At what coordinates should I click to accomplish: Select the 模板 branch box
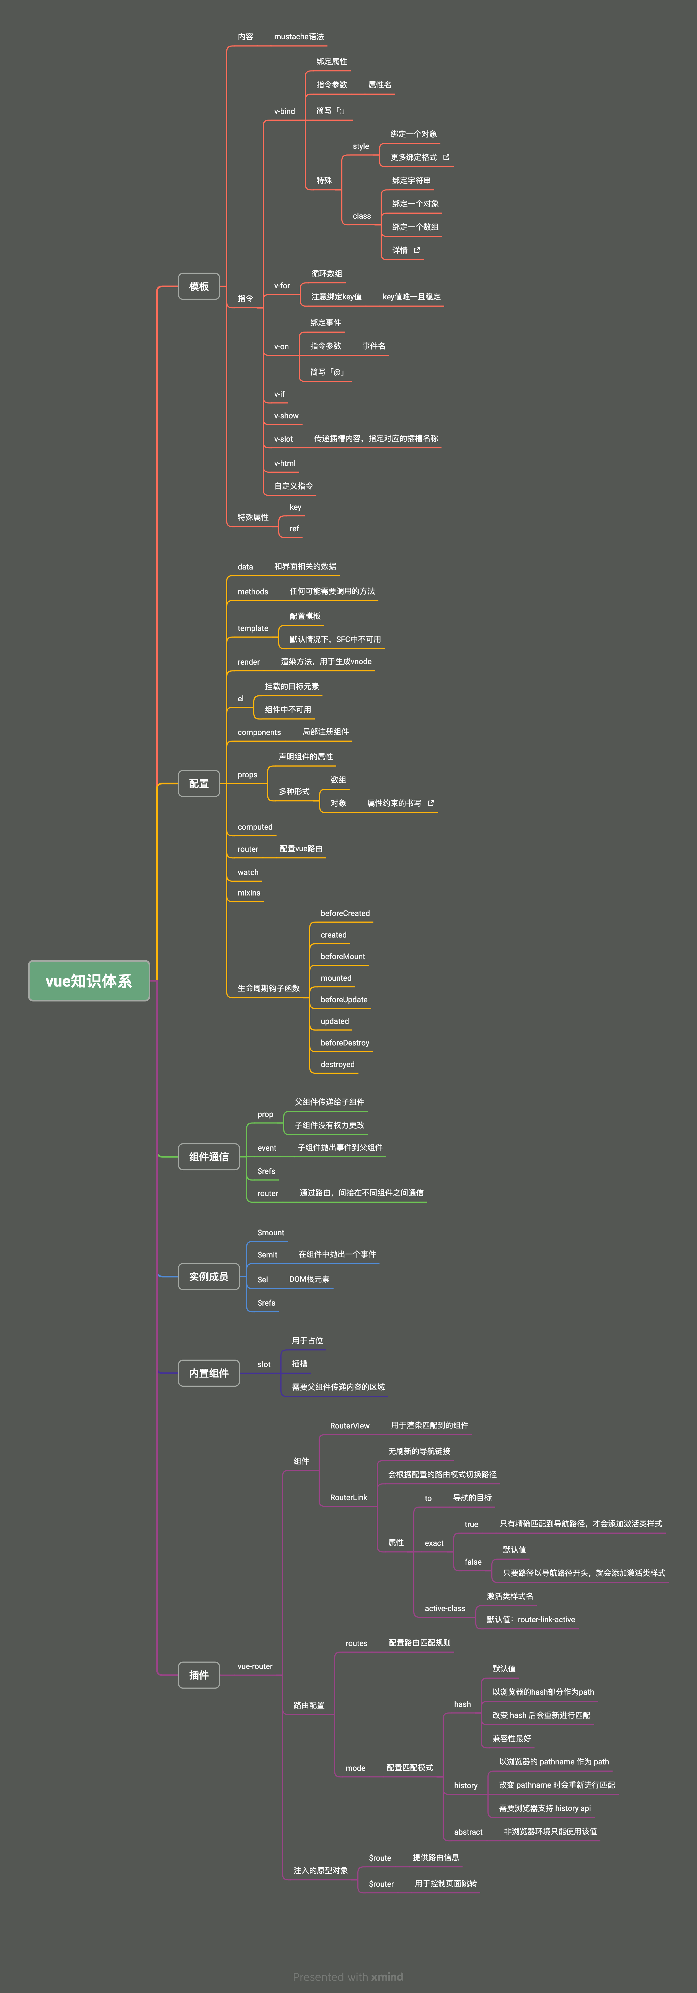click(199, 286)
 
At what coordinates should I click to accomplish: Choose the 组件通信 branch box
click(209, 1157)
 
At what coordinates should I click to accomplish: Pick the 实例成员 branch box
click(209, 1277)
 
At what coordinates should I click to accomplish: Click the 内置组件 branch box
click(209, 1373)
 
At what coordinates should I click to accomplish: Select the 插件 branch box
click(199, 1675)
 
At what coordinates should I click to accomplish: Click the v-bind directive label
click(285, 112)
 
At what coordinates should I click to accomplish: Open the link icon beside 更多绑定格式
click(446, 157)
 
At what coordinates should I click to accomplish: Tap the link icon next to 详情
click(417, 250)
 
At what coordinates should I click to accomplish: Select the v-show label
click(286, 415)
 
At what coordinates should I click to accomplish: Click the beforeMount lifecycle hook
click(343, 956)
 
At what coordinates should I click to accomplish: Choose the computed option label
click(255, 827)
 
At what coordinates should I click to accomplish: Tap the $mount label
click(271, 1233)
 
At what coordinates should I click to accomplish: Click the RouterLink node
click(349, 1497)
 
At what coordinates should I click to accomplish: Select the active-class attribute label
click(445, 1608)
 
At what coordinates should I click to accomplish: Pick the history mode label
click(466, 1786)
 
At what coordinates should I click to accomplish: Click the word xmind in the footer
click(387, 1977)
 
